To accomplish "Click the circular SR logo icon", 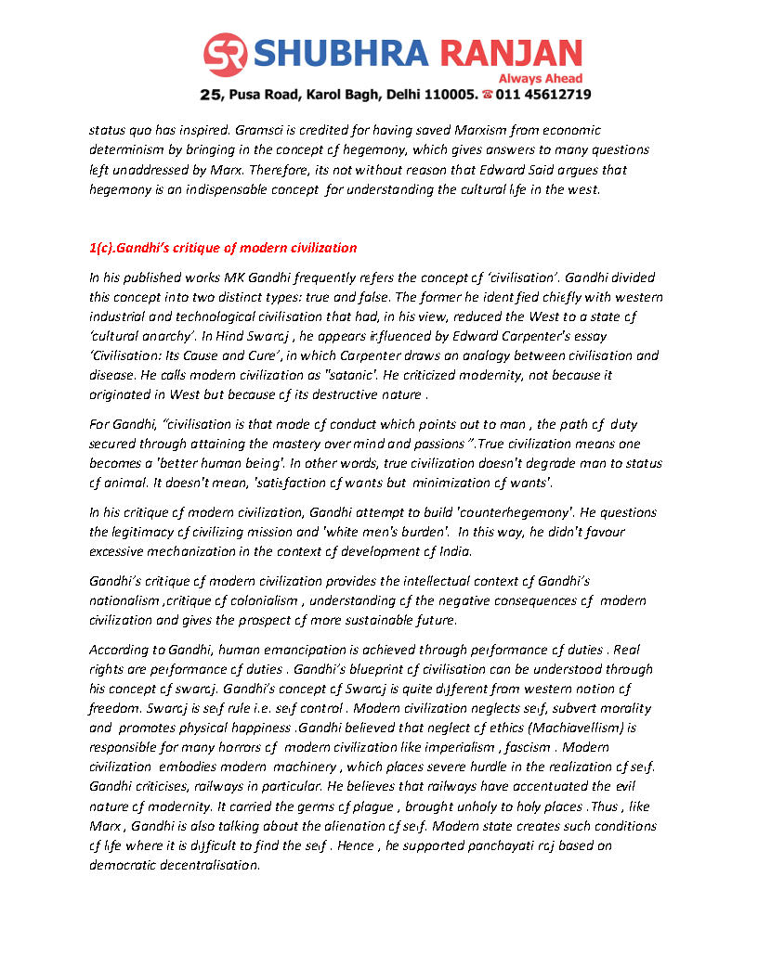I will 227,56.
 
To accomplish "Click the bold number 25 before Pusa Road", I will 211,95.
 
